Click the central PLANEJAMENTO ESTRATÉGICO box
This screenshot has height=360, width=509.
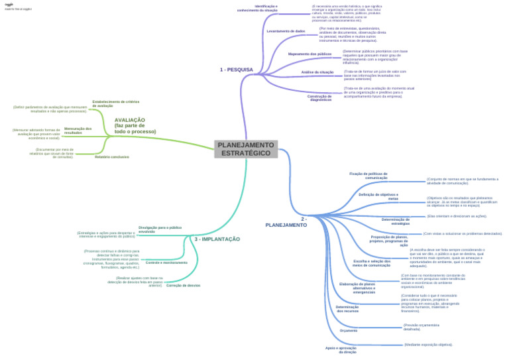point(246,149)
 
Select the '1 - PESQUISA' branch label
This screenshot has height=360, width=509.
point(236,70)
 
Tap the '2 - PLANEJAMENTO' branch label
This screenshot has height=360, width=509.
point(286,222)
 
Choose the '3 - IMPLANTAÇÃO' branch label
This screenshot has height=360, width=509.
point(217,239)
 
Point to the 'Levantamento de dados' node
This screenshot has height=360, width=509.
point(286,31)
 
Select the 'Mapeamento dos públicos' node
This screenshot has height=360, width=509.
point(310,54)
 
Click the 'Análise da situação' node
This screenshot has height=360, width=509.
point(317,72)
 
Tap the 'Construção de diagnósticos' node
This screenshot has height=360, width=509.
point(320,97)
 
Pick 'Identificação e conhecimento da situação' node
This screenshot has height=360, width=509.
point(257,9)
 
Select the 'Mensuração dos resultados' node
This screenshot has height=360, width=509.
point(78,131)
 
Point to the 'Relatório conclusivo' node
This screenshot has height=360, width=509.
point(111,157)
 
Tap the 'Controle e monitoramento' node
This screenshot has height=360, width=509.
point(166,263)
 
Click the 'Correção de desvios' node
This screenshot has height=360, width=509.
point(183,285)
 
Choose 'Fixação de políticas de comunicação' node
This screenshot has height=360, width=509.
point(368,176)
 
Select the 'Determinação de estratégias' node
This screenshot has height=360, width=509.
point(396,221)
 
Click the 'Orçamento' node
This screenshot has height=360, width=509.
point(348,330)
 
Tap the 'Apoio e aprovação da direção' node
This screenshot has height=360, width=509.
point(341,350)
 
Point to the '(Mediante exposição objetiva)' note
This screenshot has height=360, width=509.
point(428,345)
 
